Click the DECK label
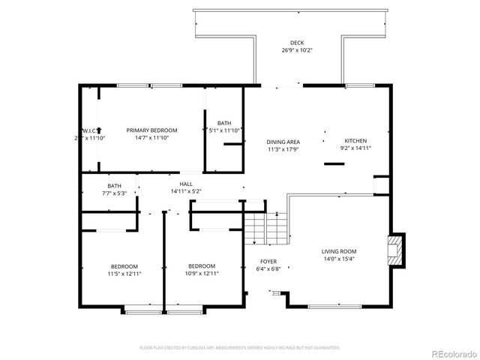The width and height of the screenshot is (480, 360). point(298,43)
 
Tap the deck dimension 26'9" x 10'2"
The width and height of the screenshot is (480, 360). point(298,51)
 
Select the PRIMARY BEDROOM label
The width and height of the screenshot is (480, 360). point(151,130)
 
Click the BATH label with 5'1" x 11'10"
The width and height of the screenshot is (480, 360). point(224,123)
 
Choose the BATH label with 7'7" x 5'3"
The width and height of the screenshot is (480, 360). point(114,185)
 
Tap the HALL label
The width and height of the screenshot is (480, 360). point(185,184)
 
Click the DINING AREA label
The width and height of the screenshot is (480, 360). point(283,142)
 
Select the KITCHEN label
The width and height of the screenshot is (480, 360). point(355,141)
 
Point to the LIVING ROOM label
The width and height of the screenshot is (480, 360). point(339,251)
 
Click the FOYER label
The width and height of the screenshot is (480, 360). point(268,262)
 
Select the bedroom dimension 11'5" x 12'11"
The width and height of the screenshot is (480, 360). point(124,274)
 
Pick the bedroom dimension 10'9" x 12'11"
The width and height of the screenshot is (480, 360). point(201,274)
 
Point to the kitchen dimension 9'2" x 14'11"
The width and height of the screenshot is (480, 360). point(355,148)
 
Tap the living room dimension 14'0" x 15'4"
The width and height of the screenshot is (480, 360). point(339,259)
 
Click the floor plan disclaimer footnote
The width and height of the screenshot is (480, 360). point(239,348)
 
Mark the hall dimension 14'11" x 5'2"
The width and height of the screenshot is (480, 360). point(185,191)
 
